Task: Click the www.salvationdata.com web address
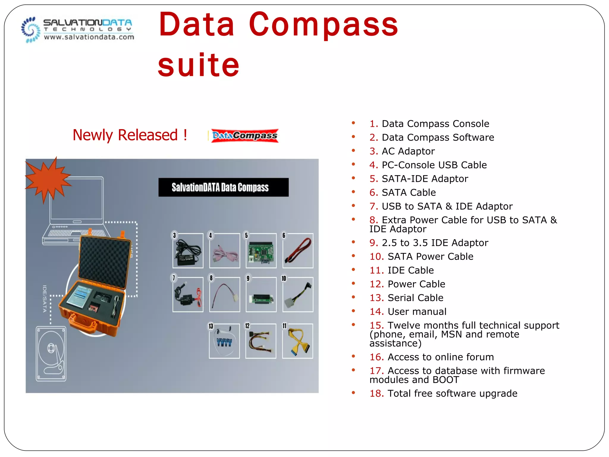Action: [89, 37]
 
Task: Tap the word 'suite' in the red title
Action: [198, 65]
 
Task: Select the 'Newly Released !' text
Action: [130, 135]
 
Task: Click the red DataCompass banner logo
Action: [244, 136]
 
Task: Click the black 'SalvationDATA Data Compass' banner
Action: [223, 187]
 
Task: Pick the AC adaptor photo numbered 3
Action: [188, 251]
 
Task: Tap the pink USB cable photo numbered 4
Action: [225, 251]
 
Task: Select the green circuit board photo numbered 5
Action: [261, 251]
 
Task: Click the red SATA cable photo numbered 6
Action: [298, 251]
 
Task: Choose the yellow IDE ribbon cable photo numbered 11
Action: [297, 341]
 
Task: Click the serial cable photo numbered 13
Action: [224, 341]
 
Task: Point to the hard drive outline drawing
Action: [51, 354]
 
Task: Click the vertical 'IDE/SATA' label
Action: [45, 299]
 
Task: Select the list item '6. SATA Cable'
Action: [403, 192]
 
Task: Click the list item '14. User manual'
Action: [408, 312]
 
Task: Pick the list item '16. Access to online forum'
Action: [431, 357]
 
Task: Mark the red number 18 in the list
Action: [376, 394]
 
